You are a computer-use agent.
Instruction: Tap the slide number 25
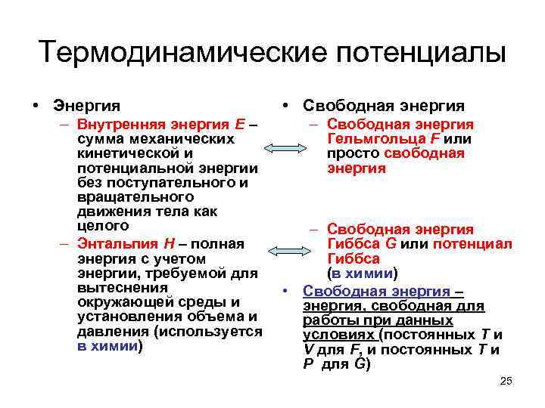click(506, 381)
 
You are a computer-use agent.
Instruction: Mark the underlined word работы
click(326, 320)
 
